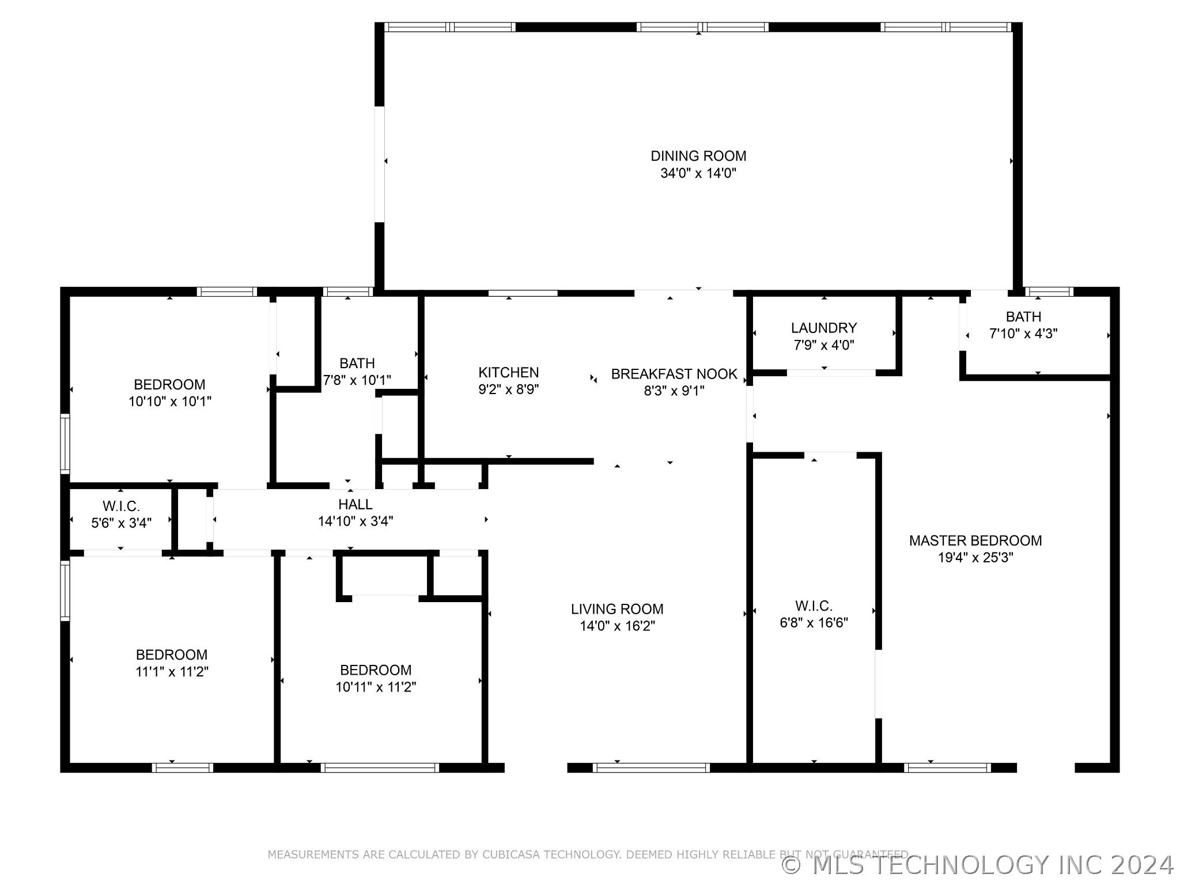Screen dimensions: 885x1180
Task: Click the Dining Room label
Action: pyautogui.click(x=698, y=156)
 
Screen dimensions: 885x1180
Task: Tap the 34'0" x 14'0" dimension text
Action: pyautogui.click(x=698, y=173)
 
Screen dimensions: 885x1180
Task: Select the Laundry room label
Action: pyautogui.click(x=823, y=328)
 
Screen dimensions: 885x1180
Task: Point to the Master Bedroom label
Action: pyautogui.click(x=975, y=540)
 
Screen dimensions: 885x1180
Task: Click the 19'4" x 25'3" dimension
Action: pyautogui.click(x=975, y=558)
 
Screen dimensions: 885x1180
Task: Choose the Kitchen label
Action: pyautogui.click(x=508, y=373)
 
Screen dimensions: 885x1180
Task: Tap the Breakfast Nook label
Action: pyautogui.click(x=674, y=374)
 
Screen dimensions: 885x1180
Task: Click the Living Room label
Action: pyautogui.click(x=617, y=609)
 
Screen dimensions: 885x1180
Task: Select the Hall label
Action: pyautogui.click(x=355, y=504)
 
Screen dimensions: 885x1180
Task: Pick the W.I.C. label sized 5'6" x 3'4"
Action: pyautogui.click(x=121, y=506)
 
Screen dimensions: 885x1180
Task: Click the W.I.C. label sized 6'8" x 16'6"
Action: pyautogui.click(x=814, y=606)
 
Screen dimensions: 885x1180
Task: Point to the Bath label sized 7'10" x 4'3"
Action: pyautogui.click(x=1023, y=316)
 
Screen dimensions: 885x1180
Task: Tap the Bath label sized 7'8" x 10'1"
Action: pyautogui.click(x=357, y=364)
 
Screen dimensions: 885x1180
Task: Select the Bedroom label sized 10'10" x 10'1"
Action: pyautogui.click(x=169, y=384)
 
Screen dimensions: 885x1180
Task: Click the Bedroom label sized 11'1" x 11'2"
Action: pyautogui.click(x=172, y=655)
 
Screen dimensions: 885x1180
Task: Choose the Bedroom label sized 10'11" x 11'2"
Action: pyautogui.click(x=376, y=670)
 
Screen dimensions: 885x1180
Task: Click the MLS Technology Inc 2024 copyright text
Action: pyautogui.click(x=977, y=865)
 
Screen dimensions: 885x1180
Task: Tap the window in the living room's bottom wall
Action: pyautogui.click(x=651, y=767)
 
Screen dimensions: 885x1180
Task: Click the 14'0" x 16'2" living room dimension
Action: pyautogui.click(x=617, y=626)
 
